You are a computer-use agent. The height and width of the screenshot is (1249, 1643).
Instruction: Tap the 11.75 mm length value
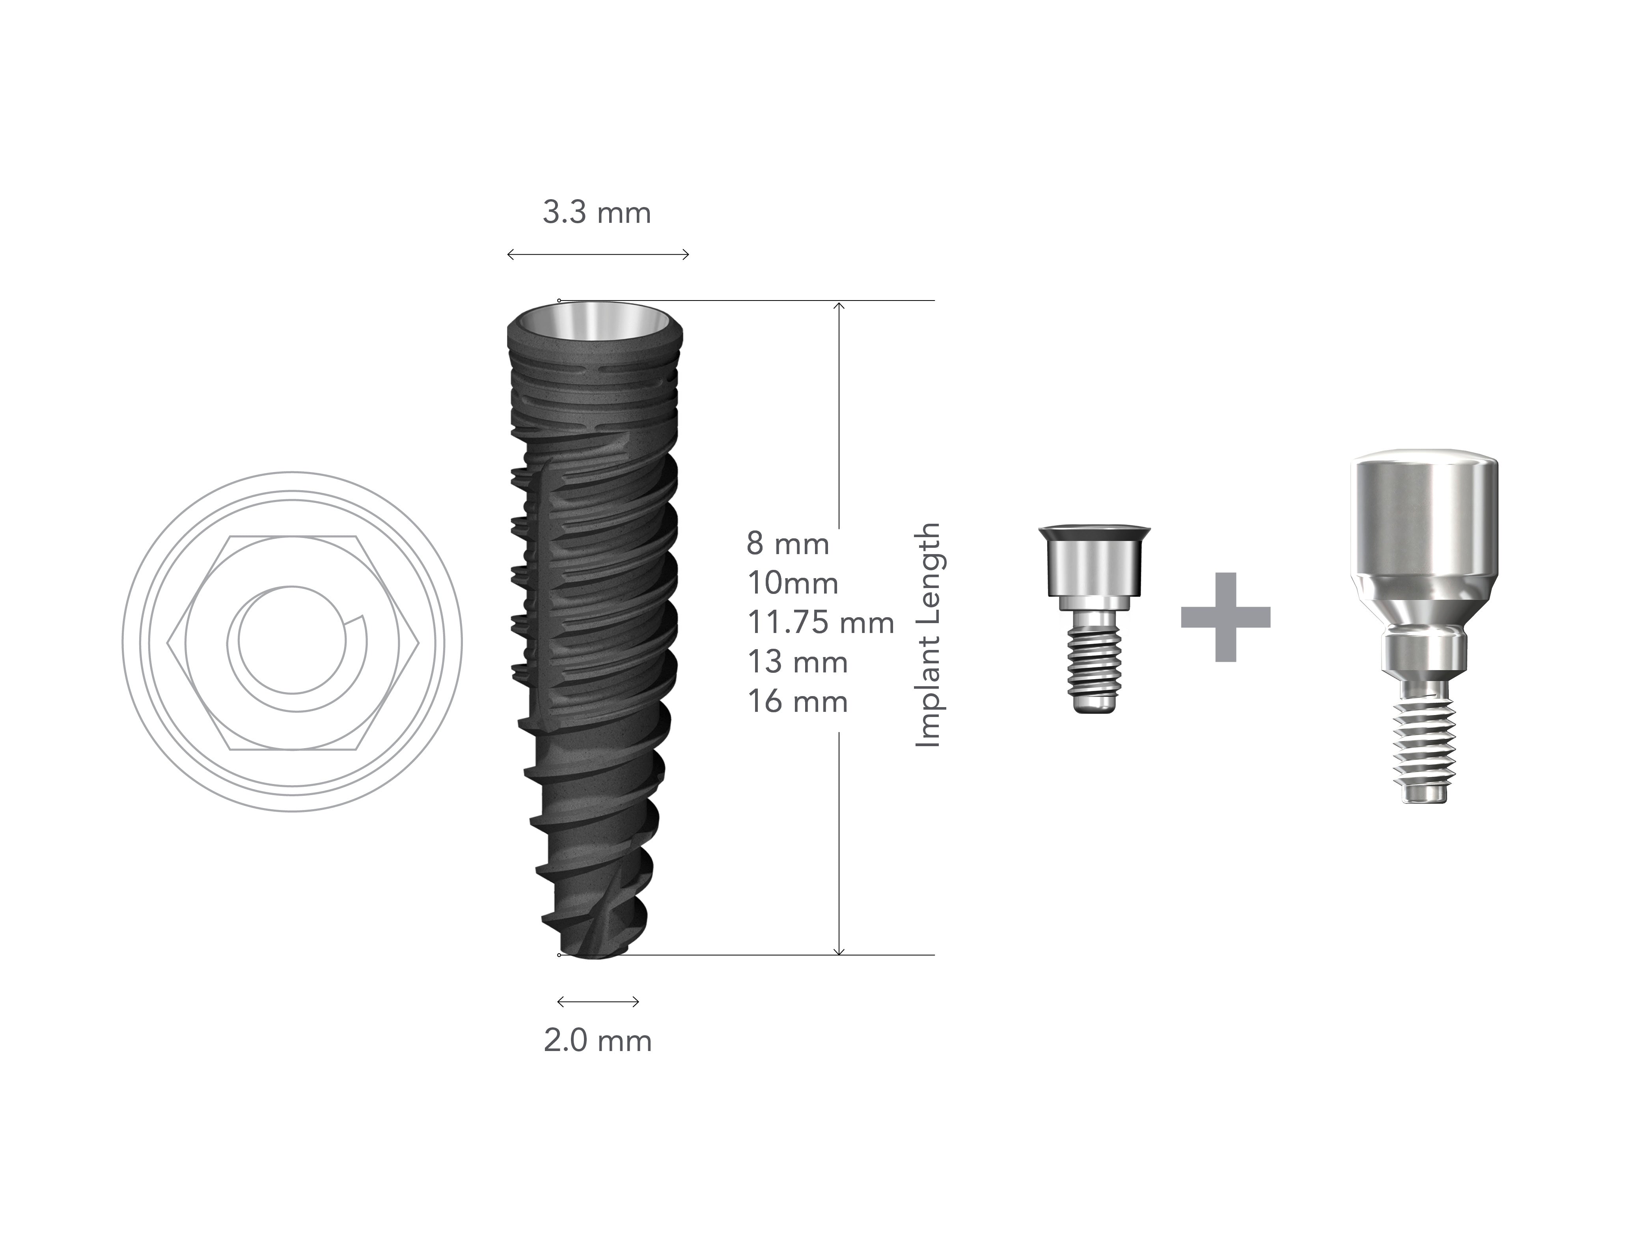pyautogui.click(x=821, y=623)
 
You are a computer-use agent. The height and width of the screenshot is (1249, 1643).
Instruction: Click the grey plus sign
pyautogui.click(x=1225, y=617)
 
